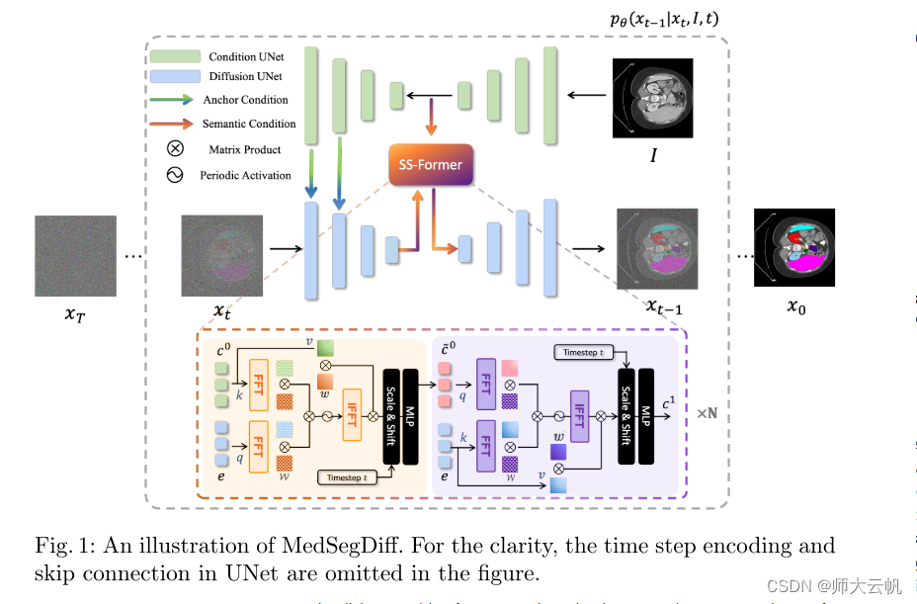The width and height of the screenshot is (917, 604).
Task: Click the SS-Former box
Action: [431, 164]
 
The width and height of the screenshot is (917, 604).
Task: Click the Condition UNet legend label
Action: [246, 56]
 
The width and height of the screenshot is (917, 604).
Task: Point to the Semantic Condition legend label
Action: [249, 124]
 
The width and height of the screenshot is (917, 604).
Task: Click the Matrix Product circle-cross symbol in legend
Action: [175, 149]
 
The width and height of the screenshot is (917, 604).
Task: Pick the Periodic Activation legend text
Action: [245, 175]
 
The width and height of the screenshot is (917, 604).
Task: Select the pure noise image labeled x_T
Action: [76, 255]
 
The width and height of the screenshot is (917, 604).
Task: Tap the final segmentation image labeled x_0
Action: [794, 247]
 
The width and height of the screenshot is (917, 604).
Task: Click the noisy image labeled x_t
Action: [221, 255]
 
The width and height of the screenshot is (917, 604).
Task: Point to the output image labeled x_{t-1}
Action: [657, 247]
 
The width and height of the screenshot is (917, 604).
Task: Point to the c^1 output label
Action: [669, 401]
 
